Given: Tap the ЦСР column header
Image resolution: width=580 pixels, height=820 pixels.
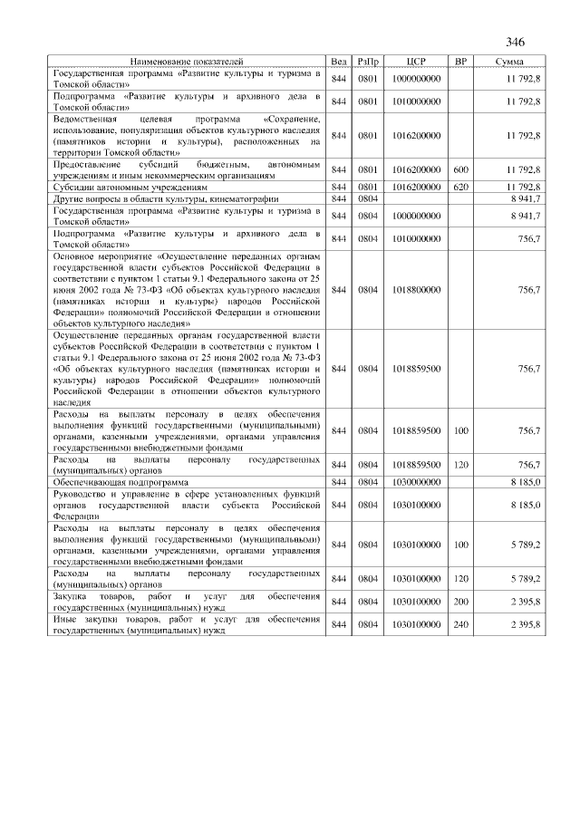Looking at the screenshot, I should coord(417,61).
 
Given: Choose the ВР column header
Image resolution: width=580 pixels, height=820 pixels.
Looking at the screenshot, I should coord(460,61).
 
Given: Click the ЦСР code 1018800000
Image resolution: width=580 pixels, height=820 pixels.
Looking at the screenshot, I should coord(417,290).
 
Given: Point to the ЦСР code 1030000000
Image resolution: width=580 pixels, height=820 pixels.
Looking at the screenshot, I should coord(417,482).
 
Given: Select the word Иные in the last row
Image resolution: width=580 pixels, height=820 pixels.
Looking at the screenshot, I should coord(64,620).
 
